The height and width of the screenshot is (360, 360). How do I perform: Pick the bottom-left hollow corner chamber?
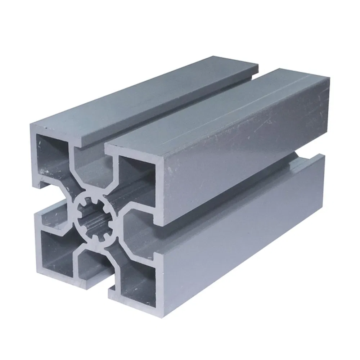[x=56, y=248]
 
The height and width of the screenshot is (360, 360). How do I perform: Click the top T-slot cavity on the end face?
[x=90, y=169]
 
